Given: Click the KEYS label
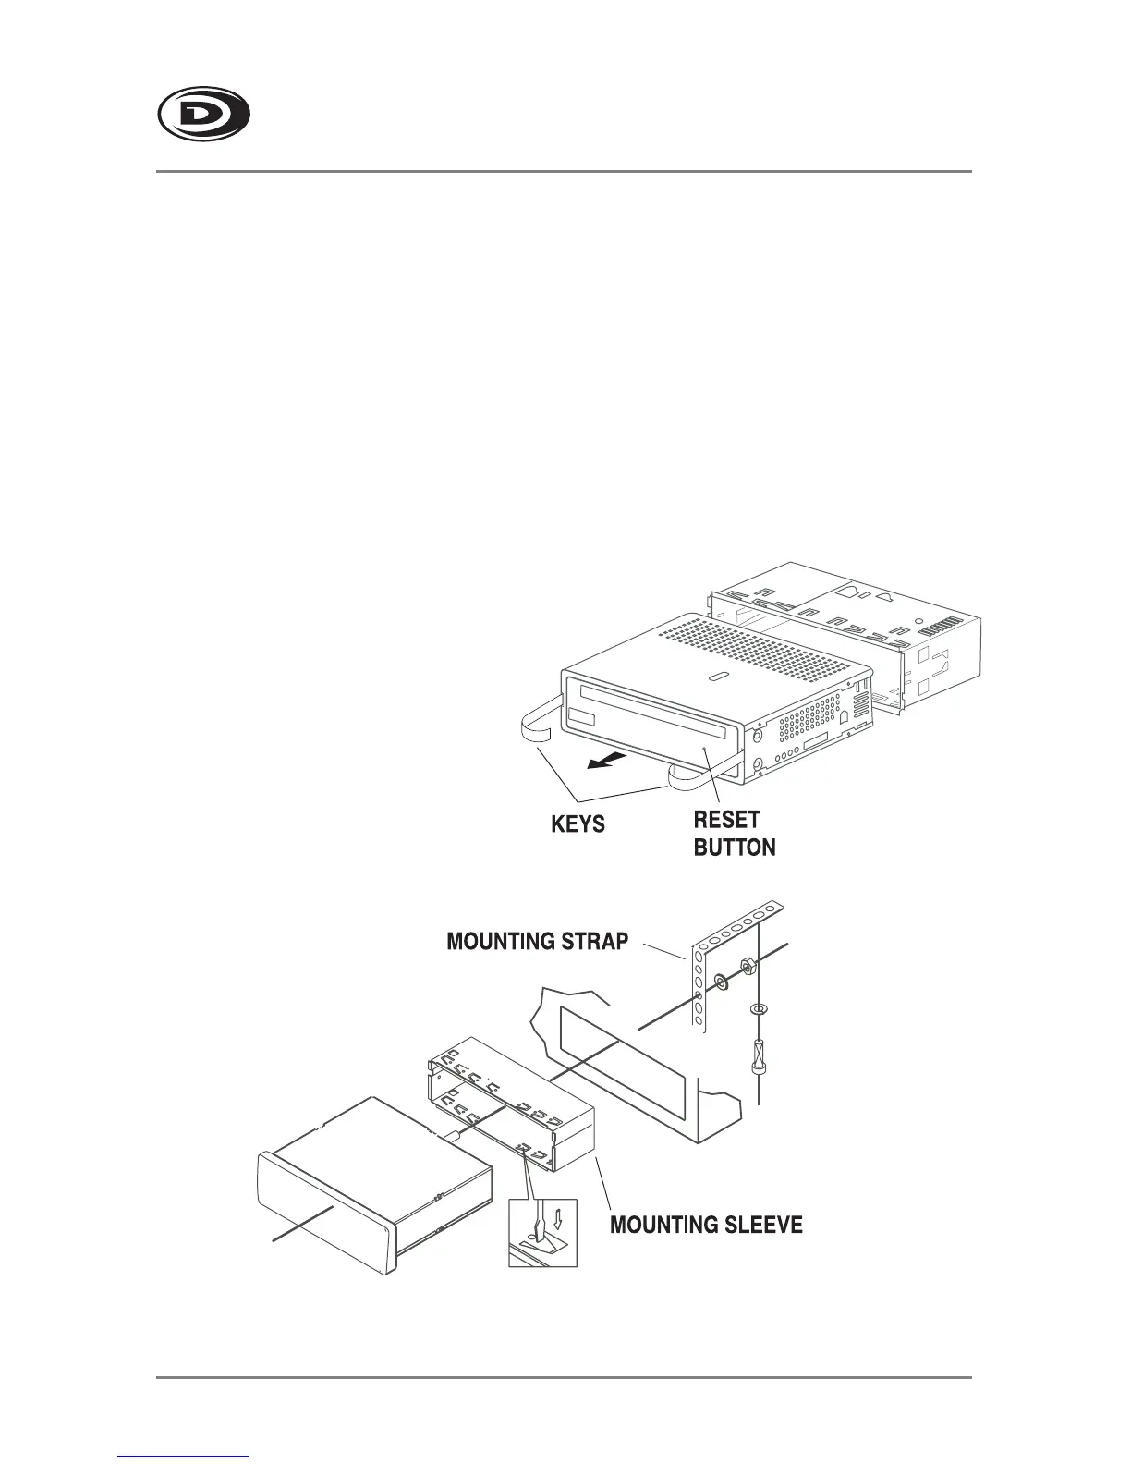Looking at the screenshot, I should [578, 823].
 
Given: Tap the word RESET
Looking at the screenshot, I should [726, 820].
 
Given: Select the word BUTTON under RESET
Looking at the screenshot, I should [735, 848].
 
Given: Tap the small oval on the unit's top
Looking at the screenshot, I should [718, 677].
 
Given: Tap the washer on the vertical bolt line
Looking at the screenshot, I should [758, 1008].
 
